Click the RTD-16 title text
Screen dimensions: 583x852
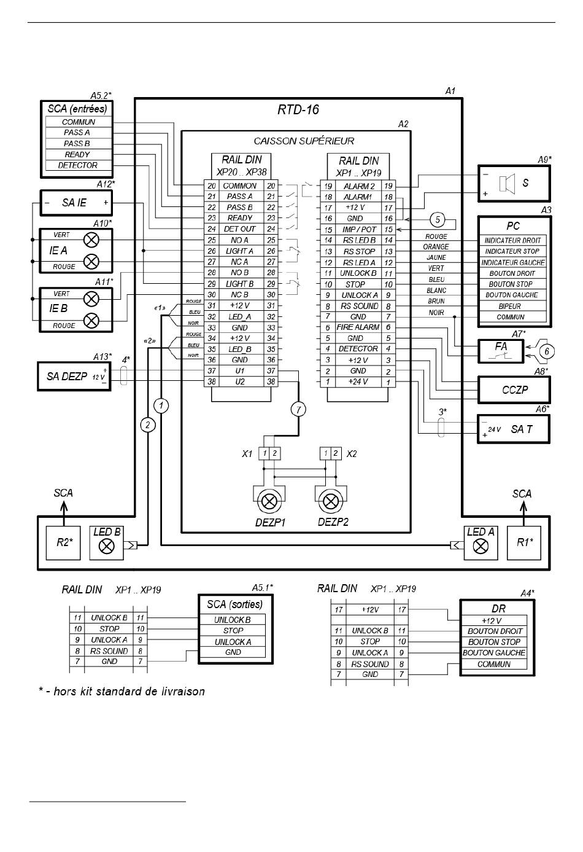click(x=298, y=109)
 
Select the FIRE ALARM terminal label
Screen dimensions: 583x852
click(x=358, y=327)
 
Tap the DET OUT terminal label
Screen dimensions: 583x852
click(x=239, y=229)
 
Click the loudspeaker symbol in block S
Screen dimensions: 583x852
click(x=507, y=183)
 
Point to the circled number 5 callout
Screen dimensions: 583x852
click(x=438, y=219)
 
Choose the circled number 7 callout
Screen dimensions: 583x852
click(x=298, y=410)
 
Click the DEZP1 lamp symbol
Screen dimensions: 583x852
click(x=269, y=501)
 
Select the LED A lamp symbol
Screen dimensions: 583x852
click(x=481, y=547)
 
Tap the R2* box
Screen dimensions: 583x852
click(x=63, y=543)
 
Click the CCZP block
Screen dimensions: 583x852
click(x=514, y=390)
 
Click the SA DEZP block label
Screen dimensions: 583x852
click(x=67, y=377)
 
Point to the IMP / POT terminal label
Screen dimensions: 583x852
click(x=359, y=229)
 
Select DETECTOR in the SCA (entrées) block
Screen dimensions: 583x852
click(x=77, y=165)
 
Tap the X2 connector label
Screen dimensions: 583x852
click(x=352, y=454)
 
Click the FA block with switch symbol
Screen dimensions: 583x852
click(x=501, y=351)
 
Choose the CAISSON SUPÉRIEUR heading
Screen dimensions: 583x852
click(x=304, y=141)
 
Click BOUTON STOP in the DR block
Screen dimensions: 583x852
click(x=494, y=642)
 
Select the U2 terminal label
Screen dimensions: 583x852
click(x=240, y=382)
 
